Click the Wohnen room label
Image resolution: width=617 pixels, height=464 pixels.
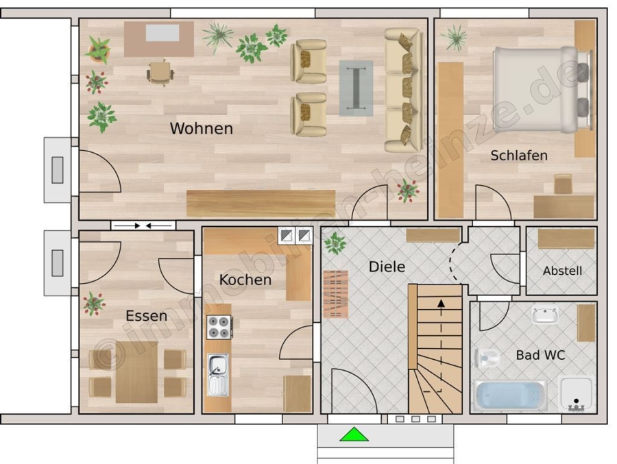pos(201,128)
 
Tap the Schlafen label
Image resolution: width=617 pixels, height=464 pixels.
pos(519,156)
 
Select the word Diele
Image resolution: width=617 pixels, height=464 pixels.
pos(387,267)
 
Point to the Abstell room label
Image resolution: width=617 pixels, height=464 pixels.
pos(562,271)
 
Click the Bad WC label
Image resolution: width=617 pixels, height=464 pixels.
pos(540,355)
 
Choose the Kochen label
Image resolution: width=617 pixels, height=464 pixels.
pos(245,280)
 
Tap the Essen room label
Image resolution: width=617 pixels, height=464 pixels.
pos(147,316)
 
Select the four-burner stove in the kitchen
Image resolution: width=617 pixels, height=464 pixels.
pos(219,328)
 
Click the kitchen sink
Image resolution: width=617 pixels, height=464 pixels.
pos(217,375)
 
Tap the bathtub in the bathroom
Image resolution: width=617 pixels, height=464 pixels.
pos(510,395)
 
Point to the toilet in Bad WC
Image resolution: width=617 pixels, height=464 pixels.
pos(486,358)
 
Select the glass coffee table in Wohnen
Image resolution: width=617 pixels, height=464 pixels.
pos(356,88)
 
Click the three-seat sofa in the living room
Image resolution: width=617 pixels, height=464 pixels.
pos(403,90)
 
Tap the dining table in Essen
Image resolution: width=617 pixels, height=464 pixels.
pos(136,372)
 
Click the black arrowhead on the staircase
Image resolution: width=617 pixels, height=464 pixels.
pos(441,303)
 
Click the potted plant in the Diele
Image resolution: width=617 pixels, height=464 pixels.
pos(335,243)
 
